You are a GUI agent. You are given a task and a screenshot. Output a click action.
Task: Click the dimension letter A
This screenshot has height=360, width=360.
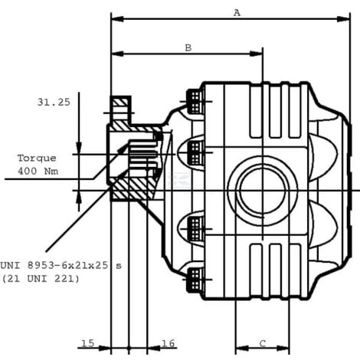[x=237, y=12]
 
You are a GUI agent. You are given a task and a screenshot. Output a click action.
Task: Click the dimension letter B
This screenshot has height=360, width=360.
[x=188, y=47]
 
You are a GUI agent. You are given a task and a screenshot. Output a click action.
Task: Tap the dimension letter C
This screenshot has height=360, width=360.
[x=263, y=343]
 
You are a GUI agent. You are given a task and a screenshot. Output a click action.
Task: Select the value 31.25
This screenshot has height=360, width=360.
[x=54, y=102]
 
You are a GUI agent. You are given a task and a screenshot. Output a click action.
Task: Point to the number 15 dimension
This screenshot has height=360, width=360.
[x=87, y=343]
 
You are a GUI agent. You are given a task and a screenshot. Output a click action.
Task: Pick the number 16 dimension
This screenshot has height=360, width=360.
[x=169, y=343]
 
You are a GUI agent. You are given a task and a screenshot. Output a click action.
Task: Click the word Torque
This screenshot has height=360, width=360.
[x=37, y=159]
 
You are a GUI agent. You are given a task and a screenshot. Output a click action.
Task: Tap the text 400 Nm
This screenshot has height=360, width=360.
[x=38, y=171]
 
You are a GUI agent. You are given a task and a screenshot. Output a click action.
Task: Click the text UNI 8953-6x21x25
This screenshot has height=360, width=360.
[x=54, y=266]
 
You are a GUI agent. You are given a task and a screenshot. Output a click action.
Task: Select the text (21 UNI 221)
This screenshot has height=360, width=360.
[x=41, y=279]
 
